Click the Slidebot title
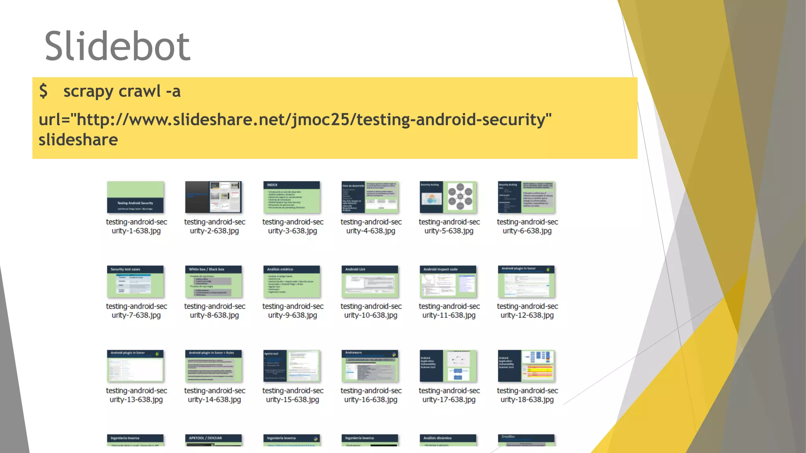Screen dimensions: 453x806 pyautogui.click(x=117, y=46)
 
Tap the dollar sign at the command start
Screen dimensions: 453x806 pyautogui.click(x=43, y=91)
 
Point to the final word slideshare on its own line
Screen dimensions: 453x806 pyautogui.click(x=78, y=140)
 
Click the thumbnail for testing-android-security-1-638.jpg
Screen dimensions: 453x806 pyautogui.click(x=135, y=197)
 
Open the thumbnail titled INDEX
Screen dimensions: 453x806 pyautogui.click(x=292, y=197)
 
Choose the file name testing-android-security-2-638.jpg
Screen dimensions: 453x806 pyautogui.click(x=214, y=226)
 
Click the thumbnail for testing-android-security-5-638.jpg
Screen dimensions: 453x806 pyautogui.click(x=448, y=197)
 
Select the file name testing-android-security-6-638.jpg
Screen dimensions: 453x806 pyautogui.click(x=527, y=226)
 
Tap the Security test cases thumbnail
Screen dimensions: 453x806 pyautogui.click(x=135, y=282)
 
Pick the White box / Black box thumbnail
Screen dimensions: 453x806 pyautogui.click(x=213, y=282)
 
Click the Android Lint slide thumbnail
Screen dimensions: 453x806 pyautogui.click(x=370, y=282)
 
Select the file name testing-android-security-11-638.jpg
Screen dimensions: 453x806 pyautogui.click(x=449, y=311)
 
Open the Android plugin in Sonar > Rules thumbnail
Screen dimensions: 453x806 pyautogui.click(x=213, y=366)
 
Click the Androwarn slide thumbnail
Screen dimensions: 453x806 pyautogui.click(x=370, y=366)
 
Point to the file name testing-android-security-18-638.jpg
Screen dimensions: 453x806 pyautogui.click(x=527, y=395)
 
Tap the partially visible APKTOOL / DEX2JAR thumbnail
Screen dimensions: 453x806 pyautogui.click(x=213, y=440)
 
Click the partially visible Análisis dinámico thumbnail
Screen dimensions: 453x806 pyautogui.click(x=448, y=440)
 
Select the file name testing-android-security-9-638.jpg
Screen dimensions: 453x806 pyautogui.click(x=292, y=311)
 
